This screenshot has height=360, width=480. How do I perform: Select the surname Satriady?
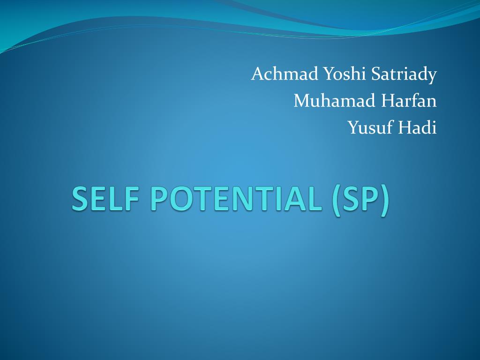pos(404,75)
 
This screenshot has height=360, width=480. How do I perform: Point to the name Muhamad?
pos(334,100)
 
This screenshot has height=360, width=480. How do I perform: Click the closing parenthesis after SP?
pos(385,201)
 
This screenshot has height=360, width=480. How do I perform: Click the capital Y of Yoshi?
pos(330,74)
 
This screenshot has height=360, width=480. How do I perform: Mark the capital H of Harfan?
pos(389,101)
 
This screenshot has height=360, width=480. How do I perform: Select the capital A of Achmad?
pos(259,74)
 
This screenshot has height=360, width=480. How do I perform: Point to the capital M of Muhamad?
pos(303,101)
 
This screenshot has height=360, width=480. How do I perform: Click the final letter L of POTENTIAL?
pos(316,199)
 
